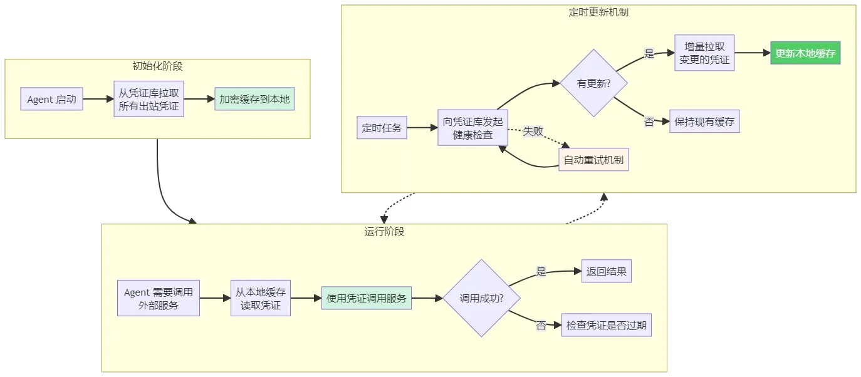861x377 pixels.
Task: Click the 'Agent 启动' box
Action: point(51,99)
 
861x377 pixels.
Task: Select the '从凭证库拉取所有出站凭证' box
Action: point(149,99)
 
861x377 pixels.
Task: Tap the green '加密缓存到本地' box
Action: point(254,99)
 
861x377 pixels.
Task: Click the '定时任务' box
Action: point(382,128)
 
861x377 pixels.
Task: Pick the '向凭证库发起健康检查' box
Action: point(472,128)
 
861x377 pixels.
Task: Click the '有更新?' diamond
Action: point(594,83)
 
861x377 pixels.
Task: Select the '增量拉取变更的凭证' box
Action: point(704,53)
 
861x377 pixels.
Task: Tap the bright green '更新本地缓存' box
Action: point(805,53)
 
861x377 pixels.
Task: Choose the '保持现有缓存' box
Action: point(704,121)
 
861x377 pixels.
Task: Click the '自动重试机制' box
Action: point(594,160)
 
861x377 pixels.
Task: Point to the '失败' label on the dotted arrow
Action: point(533,132)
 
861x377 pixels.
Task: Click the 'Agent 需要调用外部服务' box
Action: point(159,298)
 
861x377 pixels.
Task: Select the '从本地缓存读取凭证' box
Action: point(261,298)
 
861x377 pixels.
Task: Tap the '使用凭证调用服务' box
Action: point(367,298)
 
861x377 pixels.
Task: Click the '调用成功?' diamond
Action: point(482,298)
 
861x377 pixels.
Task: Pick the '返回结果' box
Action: point(607,271)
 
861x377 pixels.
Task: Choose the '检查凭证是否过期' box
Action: point(607,325)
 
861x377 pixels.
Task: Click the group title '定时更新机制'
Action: point(598,13)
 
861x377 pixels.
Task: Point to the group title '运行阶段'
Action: point(384,231)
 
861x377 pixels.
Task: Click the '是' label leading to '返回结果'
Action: point(541,272)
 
